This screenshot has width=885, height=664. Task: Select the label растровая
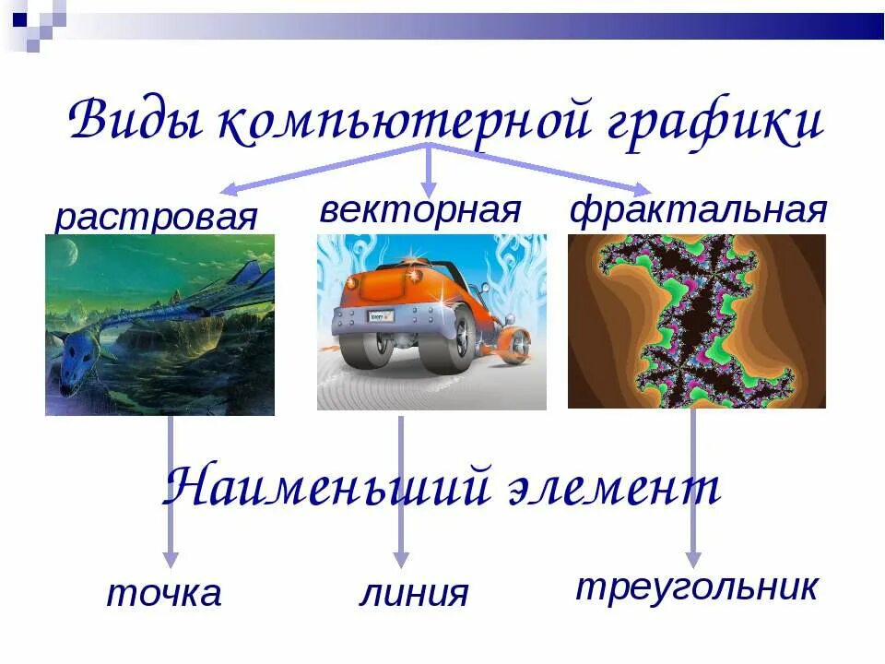(x=155, y=218)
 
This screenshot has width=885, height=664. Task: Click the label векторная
(x=420, y=209)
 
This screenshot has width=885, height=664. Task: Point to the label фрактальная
(x=698, y=209)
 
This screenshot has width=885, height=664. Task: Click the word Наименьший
(x=323, y=487)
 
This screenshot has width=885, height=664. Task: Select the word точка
(x=164, y=593)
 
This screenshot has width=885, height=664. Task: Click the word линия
(x=413, y=593)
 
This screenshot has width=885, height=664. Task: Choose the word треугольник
(x=697, y=587)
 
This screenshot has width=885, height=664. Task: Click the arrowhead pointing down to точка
(x=170, y=559)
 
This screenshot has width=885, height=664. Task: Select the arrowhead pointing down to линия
(x=400, y=559)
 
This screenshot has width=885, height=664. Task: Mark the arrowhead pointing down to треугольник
(x=693, y=559)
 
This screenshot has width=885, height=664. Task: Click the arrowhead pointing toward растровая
(x=230, y=190)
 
